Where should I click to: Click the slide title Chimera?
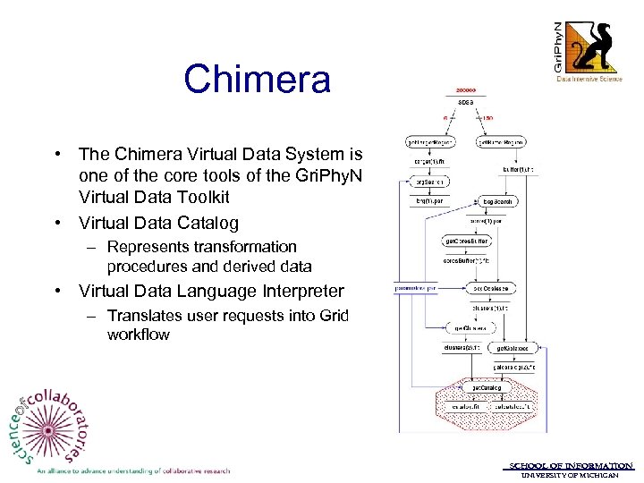[x=258, y=79]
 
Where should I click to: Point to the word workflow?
[x=139, y=335]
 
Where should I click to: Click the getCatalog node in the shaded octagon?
[x=483, y=387]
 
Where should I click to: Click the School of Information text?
[x=572, y=465]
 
